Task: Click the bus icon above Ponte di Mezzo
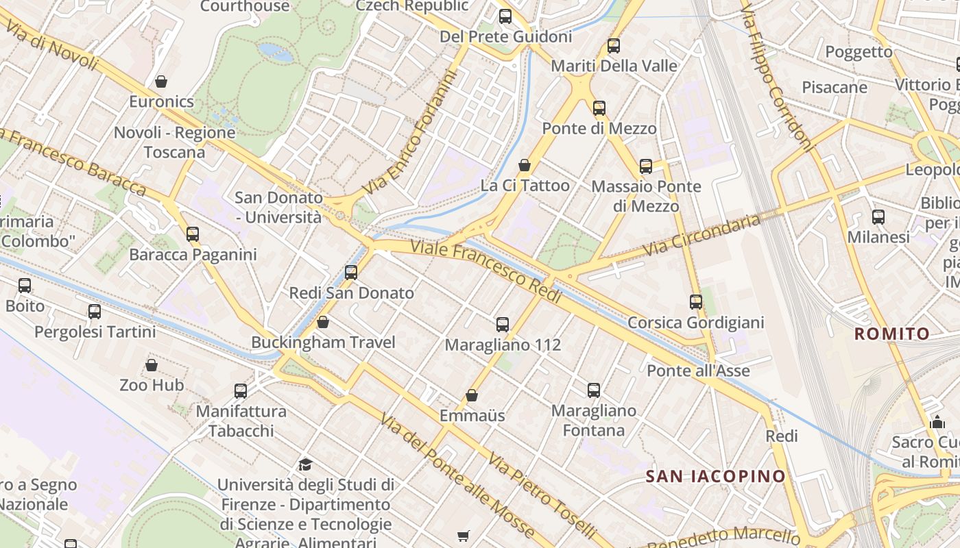599,108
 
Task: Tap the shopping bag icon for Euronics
161,82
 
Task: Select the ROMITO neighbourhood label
891,334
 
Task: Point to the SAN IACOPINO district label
716,476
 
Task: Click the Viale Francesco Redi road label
486,270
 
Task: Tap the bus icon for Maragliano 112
503,324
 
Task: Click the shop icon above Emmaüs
472,395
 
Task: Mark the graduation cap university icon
306,464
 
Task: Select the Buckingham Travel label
323,342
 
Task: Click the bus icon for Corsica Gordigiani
696,301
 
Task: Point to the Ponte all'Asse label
699,371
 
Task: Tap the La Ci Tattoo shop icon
525,165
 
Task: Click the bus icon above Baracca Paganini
193,234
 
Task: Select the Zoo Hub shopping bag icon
152,365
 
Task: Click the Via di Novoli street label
52,42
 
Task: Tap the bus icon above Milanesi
878,217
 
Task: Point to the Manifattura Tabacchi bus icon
241,390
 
